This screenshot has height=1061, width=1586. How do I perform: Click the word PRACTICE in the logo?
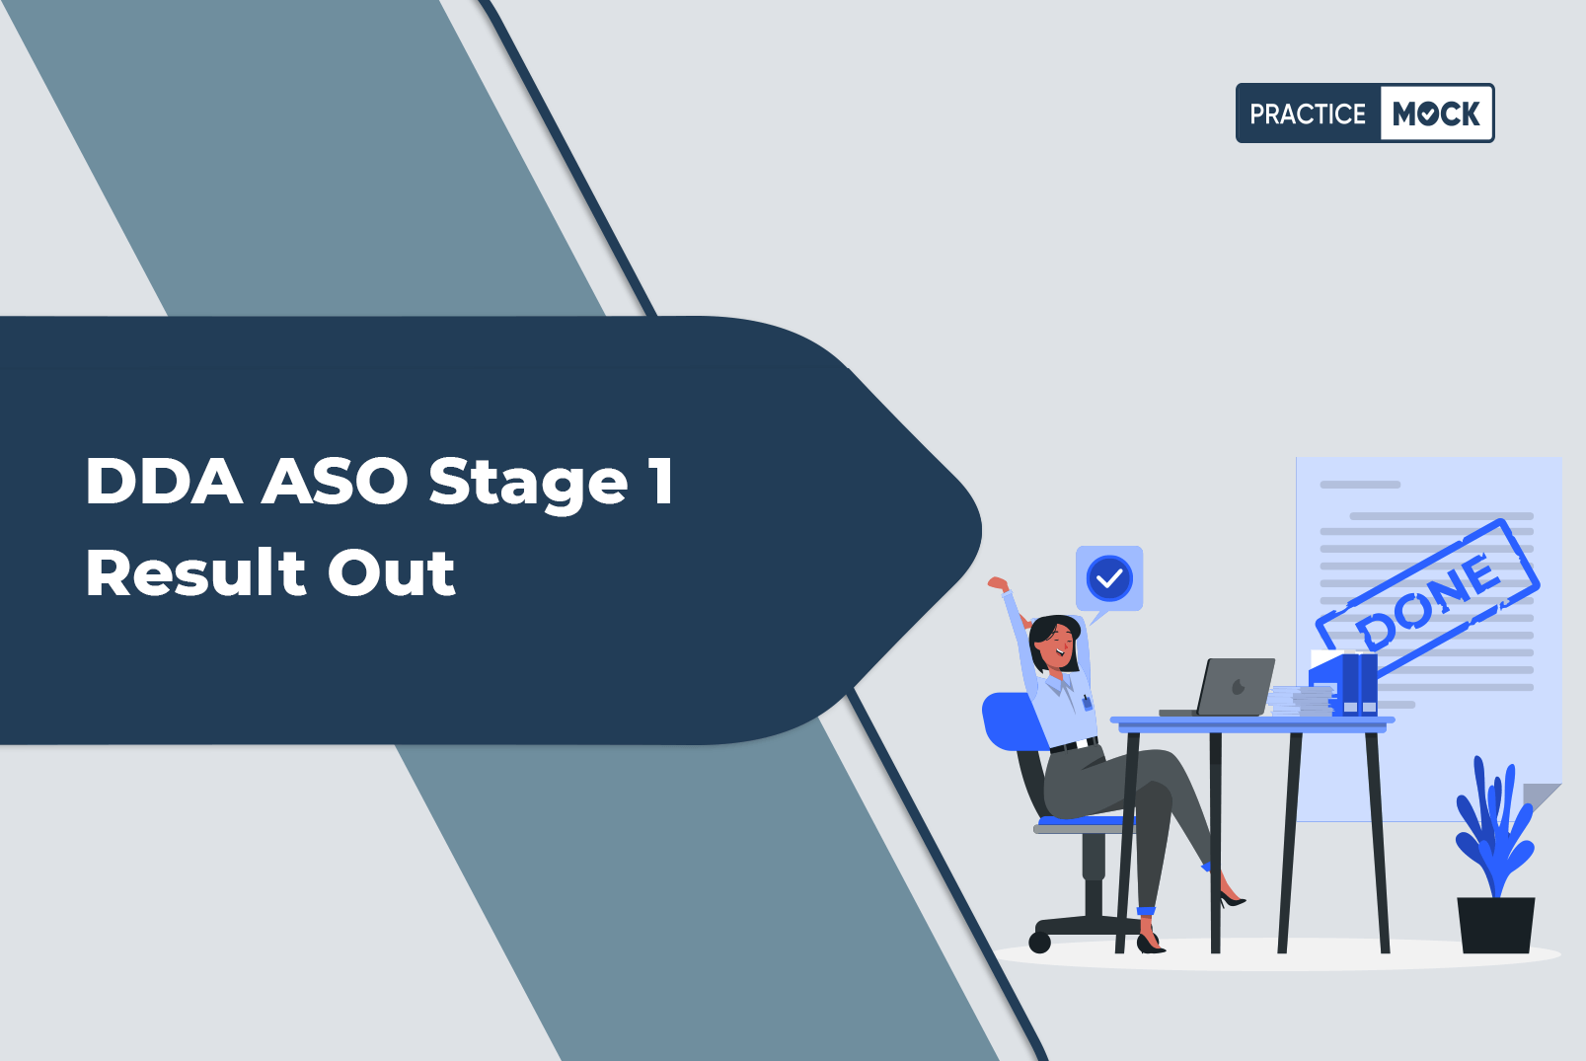1307,114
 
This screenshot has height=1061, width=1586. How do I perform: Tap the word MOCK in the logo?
1436,114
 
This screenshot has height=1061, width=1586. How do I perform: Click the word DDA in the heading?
164,481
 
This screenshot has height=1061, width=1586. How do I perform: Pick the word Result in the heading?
195,572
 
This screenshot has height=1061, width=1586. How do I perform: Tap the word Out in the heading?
391,573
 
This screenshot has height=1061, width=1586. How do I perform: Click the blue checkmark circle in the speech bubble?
1108,578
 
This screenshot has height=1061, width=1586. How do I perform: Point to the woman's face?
1056,645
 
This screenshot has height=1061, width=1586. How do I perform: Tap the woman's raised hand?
999,584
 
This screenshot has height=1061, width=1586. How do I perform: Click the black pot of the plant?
1495,925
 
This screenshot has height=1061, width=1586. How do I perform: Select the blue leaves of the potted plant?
1494,829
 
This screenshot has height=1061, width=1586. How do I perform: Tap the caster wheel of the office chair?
1039,943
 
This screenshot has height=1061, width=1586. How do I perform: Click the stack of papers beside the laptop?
1302,701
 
